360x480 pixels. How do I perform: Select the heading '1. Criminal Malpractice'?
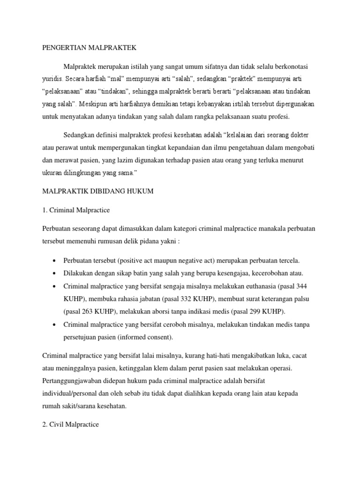[76, 210]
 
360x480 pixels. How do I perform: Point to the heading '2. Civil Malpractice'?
[70, 424]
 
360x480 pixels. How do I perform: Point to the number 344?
[301, 286]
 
